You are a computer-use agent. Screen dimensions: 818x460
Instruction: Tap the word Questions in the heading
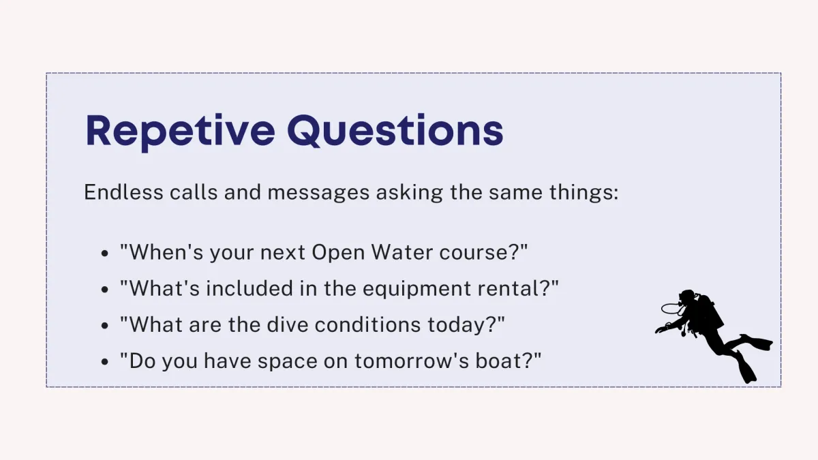[x=395, y=131]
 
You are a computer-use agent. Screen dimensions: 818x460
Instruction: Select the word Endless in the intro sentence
[x=123, y=192]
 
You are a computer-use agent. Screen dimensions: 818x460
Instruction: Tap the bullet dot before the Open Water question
[x=105, y=253]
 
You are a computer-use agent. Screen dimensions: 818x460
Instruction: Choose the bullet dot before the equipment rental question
[x=105, y=289]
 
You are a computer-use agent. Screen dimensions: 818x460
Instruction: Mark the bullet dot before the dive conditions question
[x=105, y=325]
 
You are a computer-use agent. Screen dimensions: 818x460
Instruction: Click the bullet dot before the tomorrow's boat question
[x=105, y=361]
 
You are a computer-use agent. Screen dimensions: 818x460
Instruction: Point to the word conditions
[x=367, y=324]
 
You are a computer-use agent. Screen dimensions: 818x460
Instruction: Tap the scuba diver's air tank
[x=710, y=310]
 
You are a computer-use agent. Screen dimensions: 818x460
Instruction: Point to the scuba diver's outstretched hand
[x=660, y=330]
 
